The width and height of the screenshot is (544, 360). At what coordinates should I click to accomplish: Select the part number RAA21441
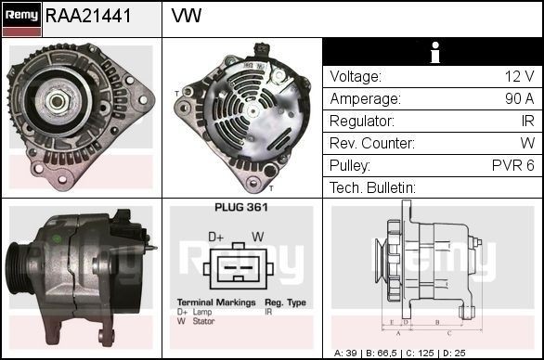[x=88, y=16]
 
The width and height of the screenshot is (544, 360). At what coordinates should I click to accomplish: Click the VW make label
[x=187, y=16]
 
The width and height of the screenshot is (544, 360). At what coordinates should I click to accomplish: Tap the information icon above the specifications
[x=433, y=52]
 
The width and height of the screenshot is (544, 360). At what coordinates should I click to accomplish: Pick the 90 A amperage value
[x=518, y=99]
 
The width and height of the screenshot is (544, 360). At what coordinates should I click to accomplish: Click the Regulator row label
[x=361, y=122]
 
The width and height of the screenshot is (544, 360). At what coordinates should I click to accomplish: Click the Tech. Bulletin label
[x=372, y=188]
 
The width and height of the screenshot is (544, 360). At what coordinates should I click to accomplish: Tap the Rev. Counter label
[x=371, y=144]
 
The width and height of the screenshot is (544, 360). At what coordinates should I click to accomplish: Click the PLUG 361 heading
[x=241, y=208]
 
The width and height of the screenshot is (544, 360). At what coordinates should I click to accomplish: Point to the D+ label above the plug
[x=215, y=237]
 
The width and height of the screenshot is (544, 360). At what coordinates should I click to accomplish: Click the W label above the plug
[x=257, y=237]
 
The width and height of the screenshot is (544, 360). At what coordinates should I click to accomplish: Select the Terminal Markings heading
[x=214, y=303]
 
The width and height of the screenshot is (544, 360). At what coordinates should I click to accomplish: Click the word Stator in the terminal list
[x=205, y=321]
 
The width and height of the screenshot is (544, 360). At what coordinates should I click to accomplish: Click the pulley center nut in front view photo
[x=57, y=101]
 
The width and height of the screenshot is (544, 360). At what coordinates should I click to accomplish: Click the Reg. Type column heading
[x=285, y=303]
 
